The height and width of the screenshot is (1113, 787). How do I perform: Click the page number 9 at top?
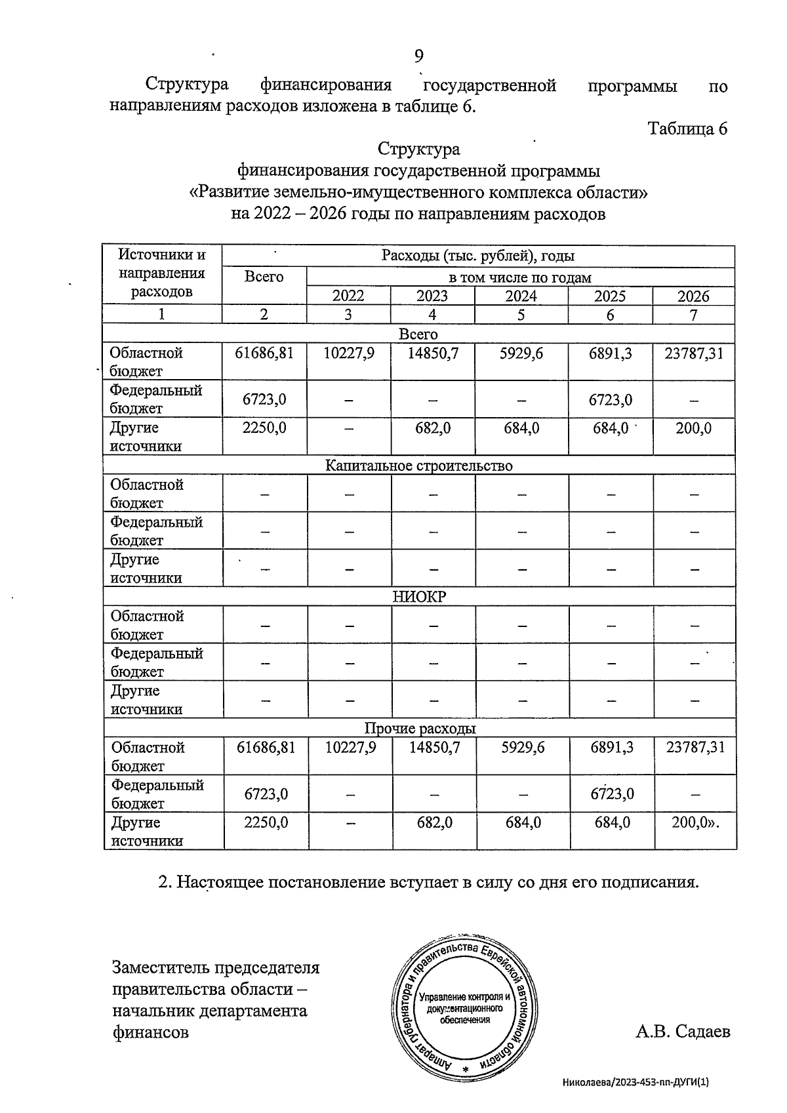point(418,56)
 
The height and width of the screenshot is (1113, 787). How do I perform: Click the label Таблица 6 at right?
point(687,128)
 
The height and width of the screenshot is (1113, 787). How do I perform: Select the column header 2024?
point(521,296)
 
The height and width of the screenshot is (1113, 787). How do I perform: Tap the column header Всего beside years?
point(264,277)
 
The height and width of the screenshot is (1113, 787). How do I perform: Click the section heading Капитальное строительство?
point(418,466)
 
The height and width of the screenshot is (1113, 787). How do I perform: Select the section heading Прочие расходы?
point(420,729)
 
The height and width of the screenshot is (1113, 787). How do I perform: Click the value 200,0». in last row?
point(695,822)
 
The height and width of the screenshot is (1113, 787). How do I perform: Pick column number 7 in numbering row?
point(693,314)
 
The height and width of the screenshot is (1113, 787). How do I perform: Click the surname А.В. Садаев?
point(682,1032)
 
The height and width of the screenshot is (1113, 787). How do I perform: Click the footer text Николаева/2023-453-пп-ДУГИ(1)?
point(636,1083)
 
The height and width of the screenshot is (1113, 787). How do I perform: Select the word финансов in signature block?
point(150,1032)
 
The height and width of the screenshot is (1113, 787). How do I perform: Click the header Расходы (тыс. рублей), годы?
point(477,256)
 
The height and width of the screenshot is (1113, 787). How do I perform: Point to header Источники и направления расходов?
point(161,273)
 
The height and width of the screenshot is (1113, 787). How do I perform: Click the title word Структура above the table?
point(418,150)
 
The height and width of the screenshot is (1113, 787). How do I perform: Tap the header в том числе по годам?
point(519,277)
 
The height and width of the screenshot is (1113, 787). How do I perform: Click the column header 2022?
point(348,296)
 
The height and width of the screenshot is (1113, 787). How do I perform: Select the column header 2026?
point(693,296)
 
